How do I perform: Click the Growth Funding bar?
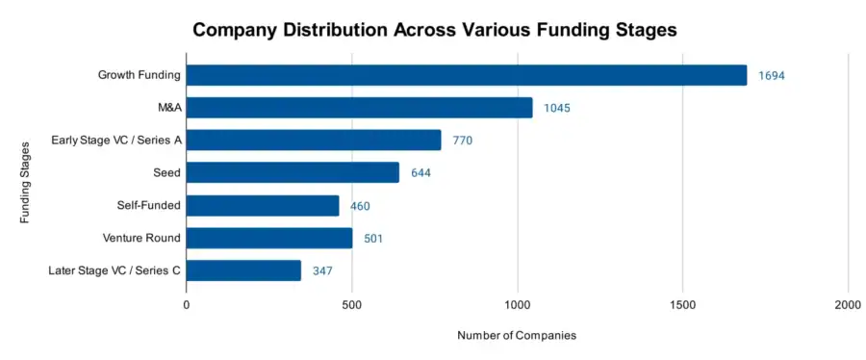coord(466,75)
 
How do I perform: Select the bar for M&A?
coord(359,108)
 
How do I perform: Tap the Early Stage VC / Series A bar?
coord(314,141)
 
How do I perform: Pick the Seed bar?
coord(293,172)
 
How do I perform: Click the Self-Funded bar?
coord(263,205)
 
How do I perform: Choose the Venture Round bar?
coord(269,238)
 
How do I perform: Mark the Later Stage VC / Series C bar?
coord(243,270)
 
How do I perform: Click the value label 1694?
coord(772,75)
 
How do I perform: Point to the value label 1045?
coord(556,108)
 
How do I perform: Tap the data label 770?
coord(462,141)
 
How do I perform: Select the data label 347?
coord(322,270)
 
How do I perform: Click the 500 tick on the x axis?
coord(351,303)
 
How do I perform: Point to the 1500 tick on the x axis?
coord(682,303)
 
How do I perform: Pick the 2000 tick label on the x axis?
coord(848,303)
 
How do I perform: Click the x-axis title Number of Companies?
coord(517,336)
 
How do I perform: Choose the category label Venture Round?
coord(141,238)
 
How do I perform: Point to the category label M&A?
coord(165,108)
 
